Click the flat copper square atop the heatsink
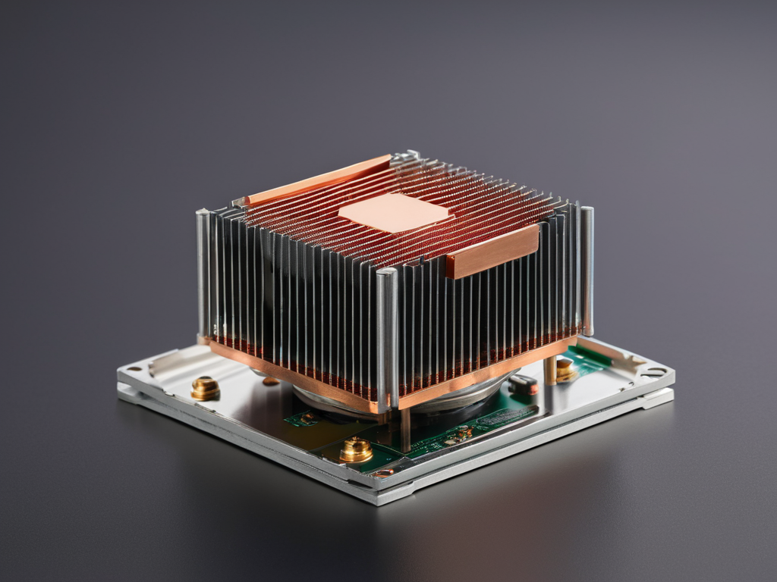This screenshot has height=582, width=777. coord(395,211)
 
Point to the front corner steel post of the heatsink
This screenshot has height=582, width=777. coord(387,337)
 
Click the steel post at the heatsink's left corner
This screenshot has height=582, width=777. coord(203,273)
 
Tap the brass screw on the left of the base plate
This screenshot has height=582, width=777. coord(205,388)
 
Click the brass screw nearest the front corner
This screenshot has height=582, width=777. coord(356,449)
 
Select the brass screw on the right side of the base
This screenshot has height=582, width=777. coord(564,369)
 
